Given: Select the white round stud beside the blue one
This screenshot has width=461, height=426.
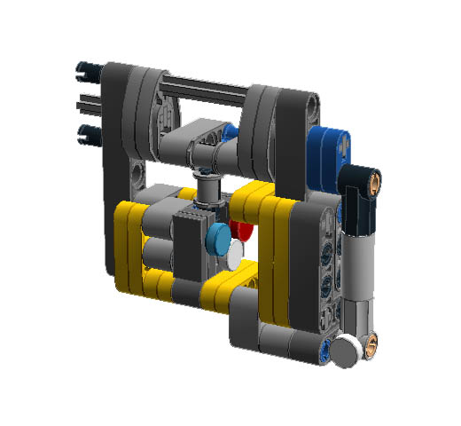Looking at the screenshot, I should point(233,256).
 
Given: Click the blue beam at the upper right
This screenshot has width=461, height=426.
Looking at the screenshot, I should point(331,146).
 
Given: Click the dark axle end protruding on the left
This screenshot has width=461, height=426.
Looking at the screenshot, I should point(87,101).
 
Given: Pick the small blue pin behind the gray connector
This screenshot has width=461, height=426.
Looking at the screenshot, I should point(230,133).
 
